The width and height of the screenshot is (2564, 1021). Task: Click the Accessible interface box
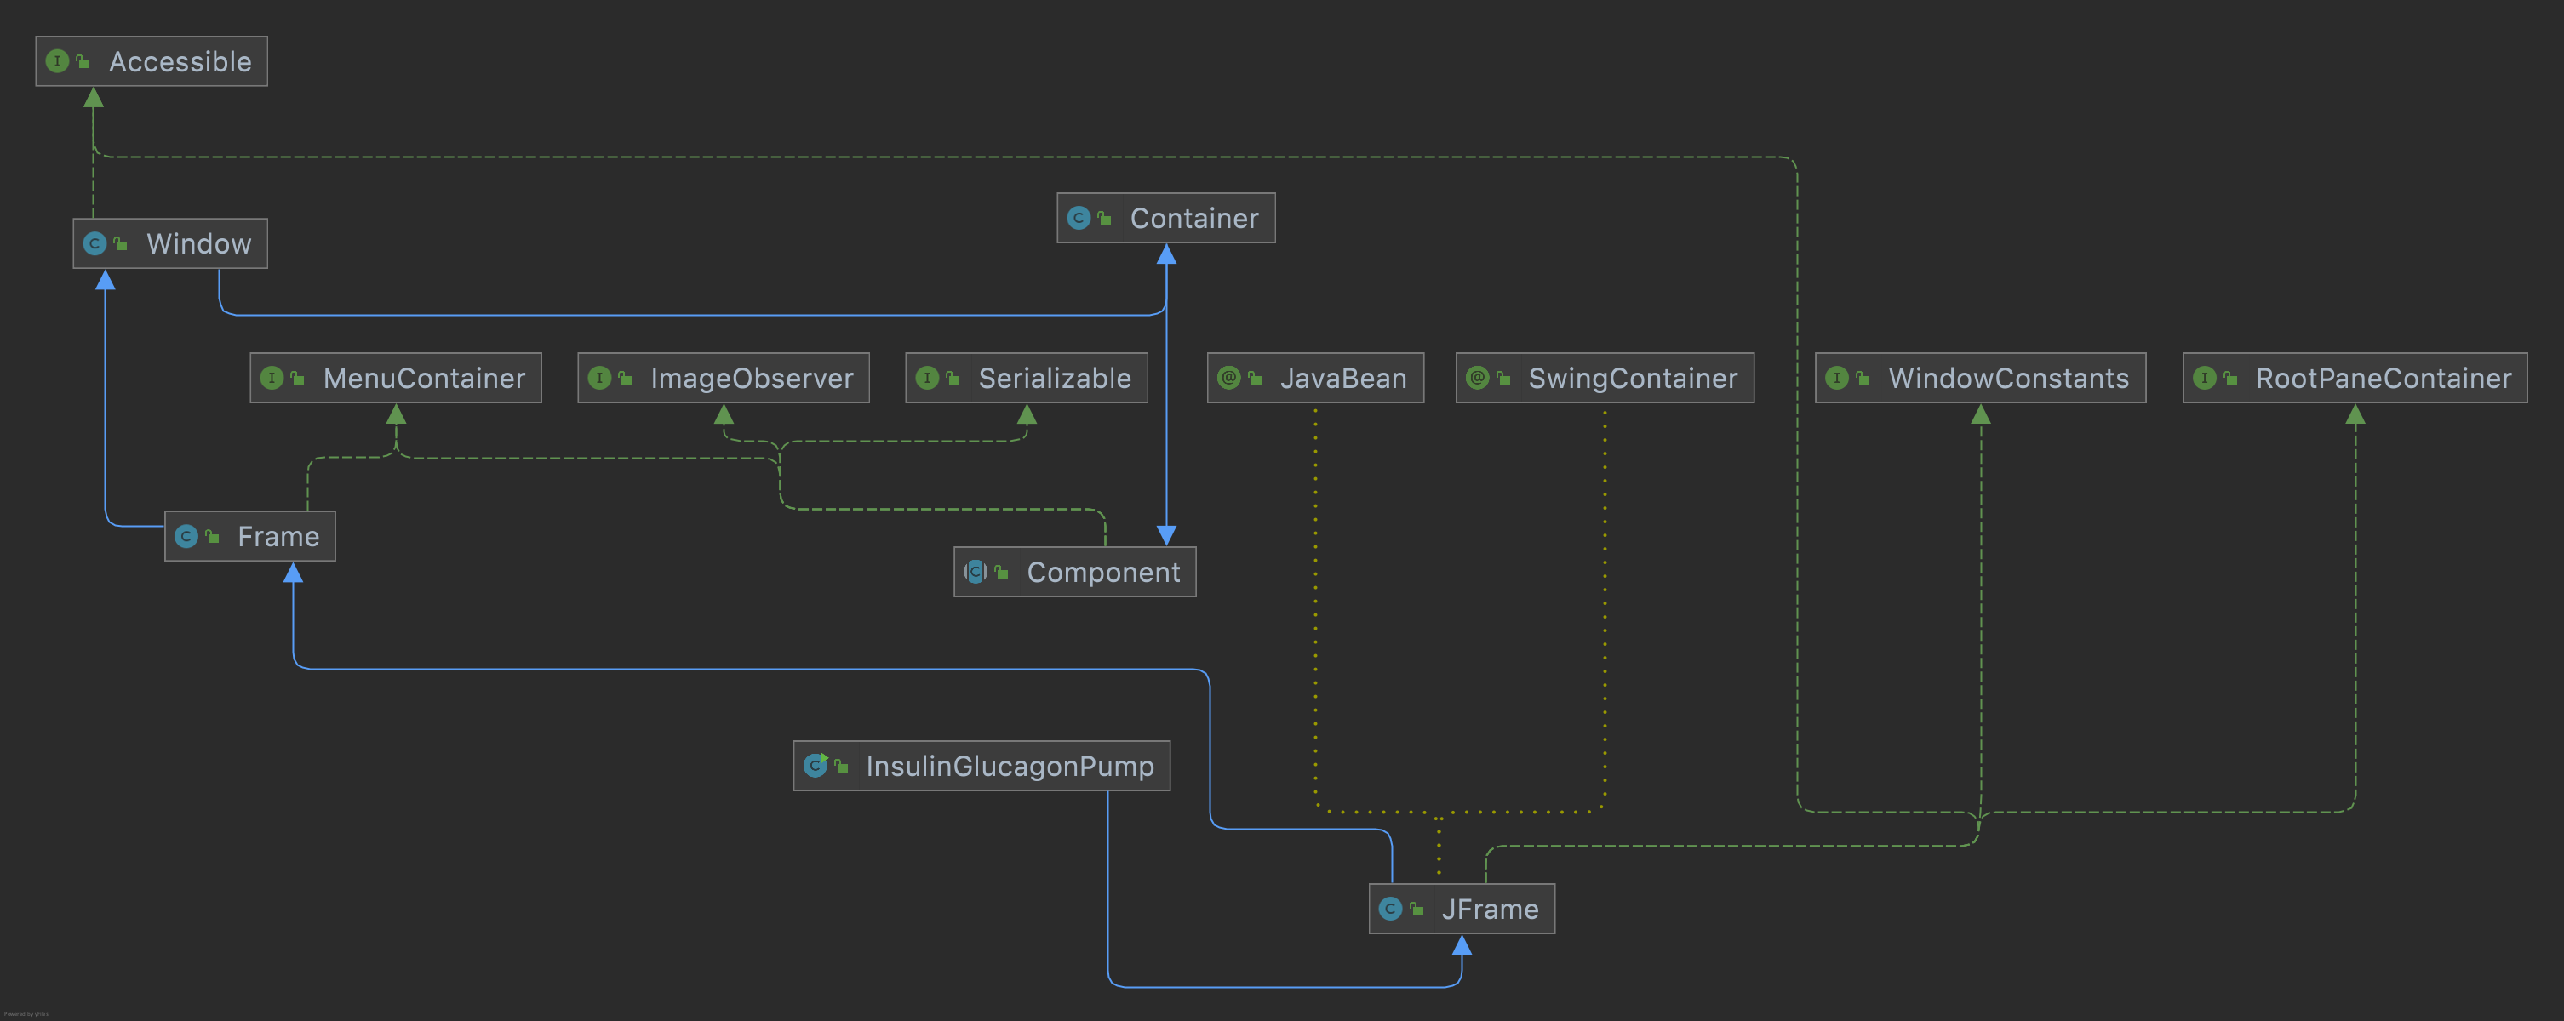(x=152, y=62)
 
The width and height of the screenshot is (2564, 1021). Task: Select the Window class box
(x=170, y=244)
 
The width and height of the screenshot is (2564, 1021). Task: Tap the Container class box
(x=1165, y=218)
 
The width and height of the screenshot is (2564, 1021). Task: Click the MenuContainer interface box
(x=395, y=378)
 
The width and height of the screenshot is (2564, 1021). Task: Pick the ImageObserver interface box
(x=723, y=378)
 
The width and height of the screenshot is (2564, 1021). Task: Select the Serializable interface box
(x=1027, y=378)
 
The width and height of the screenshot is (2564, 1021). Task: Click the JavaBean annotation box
(x=1315, y=378)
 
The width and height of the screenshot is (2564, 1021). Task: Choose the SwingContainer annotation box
(x=1605, y=378)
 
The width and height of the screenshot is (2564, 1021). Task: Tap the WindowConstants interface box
(x=1980, y=378)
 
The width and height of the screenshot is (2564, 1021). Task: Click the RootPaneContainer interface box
(x=2354, y=378)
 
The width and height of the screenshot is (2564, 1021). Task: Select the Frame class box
(x=249, y=536)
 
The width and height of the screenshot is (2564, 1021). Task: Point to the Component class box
(x=1075, y=573)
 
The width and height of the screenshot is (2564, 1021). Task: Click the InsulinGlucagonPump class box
(x=982, y=767)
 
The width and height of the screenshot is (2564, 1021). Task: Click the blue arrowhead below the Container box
(x=1166, y=254)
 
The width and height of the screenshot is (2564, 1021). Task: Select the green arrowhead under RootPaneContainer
(x=2355, y=415)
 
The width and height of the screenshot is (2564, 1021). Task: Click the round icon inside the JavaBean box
(x=1229, y=378)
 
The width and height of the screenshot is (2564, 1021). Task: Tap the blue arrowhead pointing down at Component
(x=1166, y=535)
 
